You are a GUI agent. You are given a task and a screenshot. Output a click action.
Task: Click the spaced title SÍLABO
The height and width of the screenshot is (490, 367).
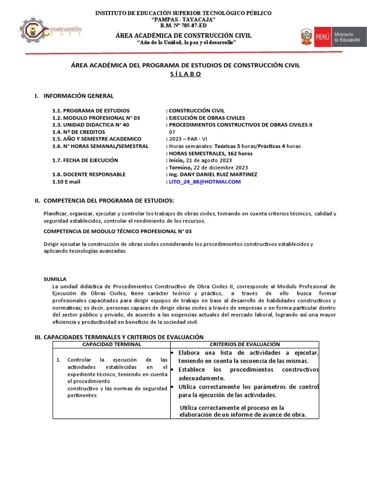pyautogui.click(x=185, y=74)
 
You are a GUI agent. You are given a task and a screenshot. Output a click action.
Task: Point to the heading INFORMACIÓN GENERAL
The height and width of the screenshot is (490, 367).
pyautogui.click(x=78, y=96)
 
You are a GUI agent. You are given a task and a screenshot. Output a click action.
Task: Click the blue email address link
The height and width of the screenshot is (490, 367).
pyautogui.click(x=205, y=182)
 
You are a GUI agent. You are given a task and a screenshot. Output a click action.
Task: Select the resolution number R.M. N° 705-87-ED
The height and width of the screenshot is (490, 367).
pyautogui.click(x=183, y=26)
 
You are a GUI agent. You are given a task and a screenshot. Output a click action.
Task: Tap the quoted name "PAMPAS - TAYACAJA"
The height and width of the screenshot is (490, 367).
pyautogui.click(x=183, y=19)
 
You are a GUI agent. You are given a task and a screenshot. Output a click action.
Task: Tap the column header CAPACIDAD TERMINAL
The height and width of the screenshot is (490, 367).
pyautogui.click(x=112, y=345)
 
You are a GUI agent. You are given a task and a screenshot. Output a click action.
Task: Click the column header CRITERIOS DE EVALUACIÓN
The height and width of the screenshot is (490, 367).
pyautogui.click(x=245, y=345)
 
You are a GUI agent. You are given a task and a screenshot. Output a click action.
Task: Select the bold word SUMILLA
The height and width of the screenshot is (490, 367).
pyautogui.click(x=55, y=279)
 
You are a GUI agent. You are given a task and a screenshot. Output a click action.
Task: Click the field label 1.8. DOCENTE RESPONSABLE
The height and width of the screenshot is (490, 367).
pyautogui.click(x=89, y=175)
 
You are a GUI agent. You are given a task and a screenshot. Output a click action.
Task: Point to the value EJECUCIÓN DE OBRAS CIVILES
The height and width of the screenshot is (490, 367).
pyautogui.click(x=206, y=117)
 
